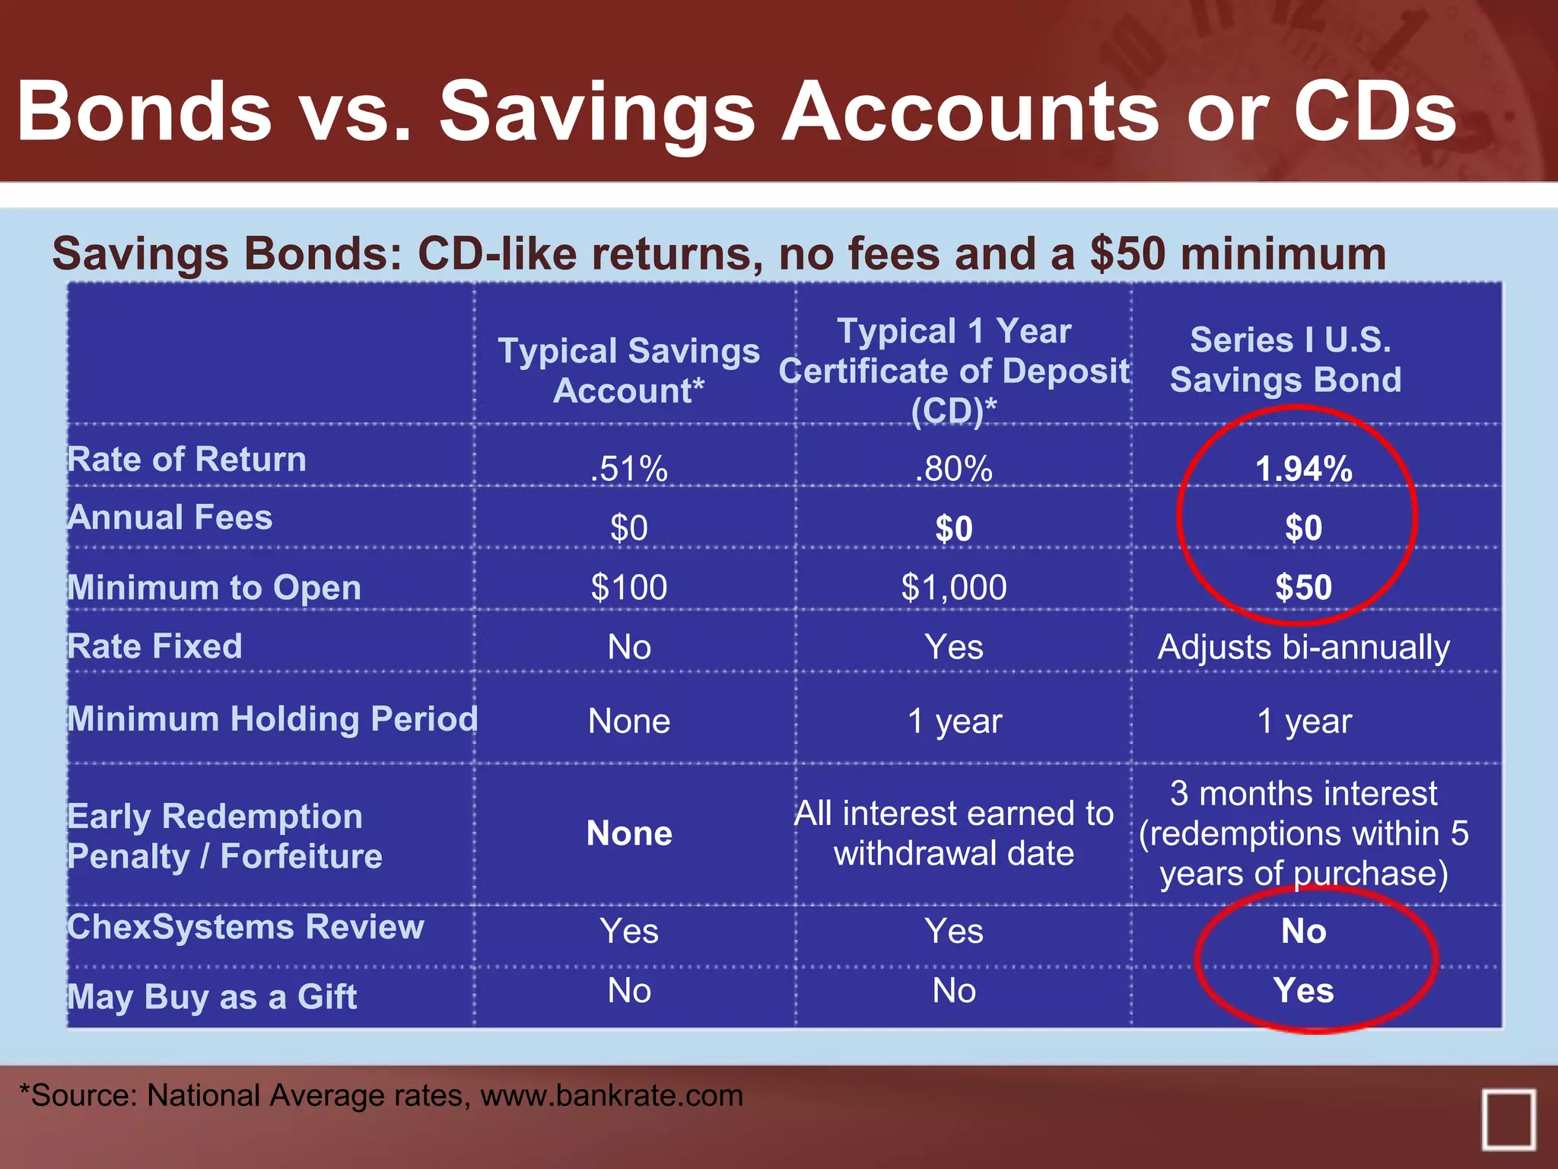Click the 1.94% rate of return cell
tap(1303, 469)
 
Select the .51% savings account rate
tap(628, 469)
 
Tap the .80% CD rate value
tap(953, 469)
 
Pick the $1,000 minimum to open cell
tap(953, 587)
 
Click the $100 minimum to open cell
tap(628, 587)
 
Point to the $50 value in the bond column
tap(1303, 587)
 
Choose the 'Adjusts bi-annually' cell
tap(1303, 647)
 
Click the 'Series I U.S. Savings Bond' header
tap(1286, 359)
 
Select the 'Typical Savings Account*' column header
tap(628, 371)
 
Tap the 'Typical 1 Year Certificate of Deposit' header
tap(954, 371)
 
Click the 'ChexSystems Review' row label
tap(245, 927)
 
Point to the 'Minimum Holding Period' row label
tap(272, 718)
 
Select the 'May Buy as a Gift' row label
tap(211, 996)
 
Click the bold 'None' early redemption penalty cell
tap(629, 833)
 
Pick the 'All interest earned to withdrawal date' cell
tap(954, 833)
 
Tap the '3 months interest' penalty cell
tap(1303, 833)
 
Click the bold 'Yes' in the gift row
tap(1303, 990)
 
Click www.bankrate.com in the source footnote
tap(612, 1095)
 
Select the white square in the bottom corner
tap(1508, 1119)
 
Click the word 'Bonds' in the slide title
tap(145, 112)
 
